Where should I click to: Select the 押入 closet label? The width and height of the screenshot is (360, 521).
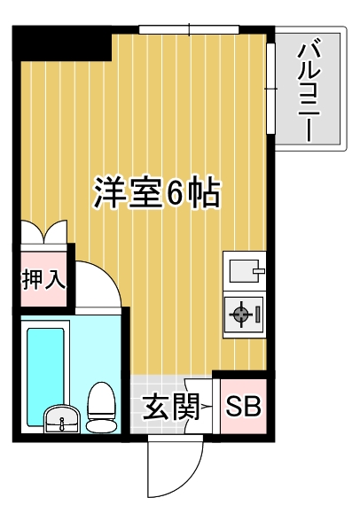tap(43, 281)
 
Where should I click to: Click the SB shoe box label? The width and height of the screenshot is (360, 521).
tap(242, 408)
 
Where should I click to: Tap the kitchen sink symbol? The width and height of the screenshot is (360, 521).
tap(244, 267)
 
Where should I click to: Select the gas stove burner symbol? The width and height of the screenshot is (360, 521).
tap(240, 313)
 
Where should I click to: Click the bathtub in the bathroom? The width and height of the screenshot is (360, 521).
tap(45, 364)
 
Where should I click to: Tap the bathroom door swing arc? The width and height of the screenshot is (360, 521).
tap(99, 285)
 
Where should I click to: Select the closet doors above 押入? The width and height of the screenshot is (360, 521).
tap(44, 232)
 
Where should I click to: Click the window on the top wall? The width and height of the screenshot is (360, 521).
tap(189, 30)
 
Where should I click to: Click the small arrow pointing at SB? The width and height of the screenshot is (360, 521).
tap(207, 408)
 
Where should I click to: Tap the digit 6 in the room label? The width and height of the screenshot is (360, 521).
tap(177, 192)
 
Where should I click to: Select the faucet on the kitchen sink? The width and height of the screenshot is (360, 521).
tap(257, 267)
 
